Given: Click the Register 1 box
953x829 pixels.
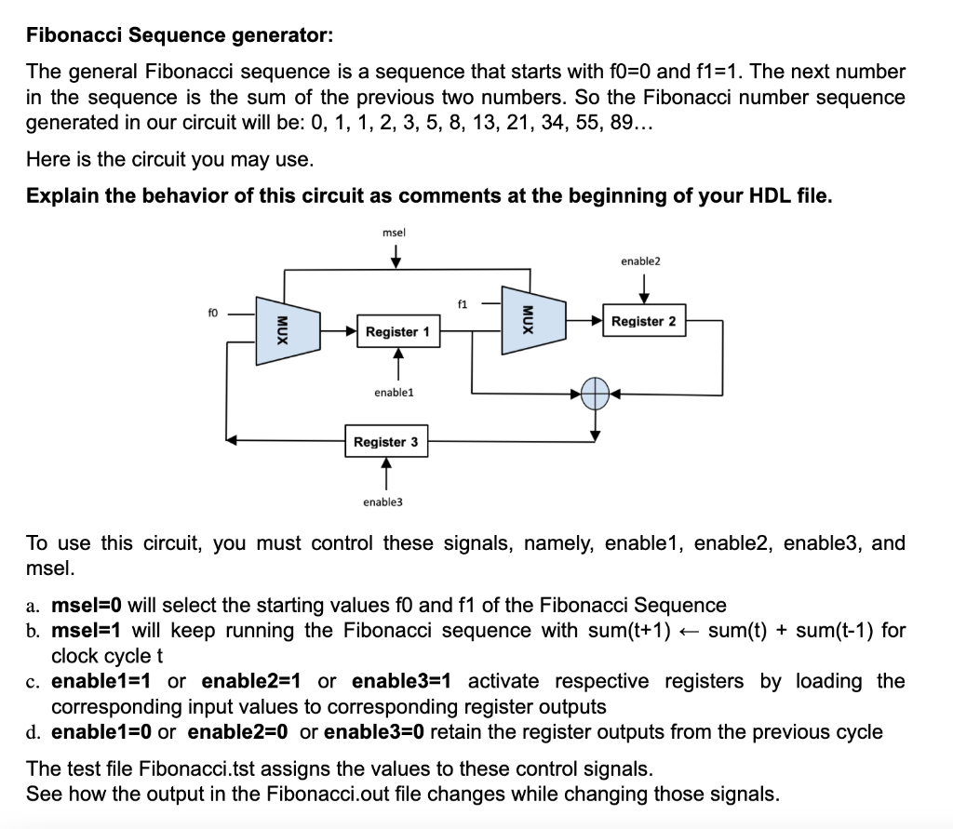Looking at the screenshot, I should coord(397,332).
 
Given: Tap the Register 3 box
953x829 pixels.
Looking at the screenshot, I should coord(386,442).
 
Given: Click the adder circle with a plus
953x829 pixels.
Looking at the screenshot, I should coord(596,393).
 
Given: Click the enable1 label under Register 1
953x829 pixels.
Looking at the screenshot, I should coord(394,393).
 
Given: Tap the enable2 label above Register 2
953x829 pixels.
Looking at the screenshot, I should coord(639,262).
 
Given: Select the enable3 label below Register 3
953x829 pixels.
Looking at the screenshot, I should coord(383,501).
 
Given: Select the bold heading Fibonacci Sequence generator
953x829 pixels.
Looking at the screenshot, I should coord(178,35).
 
